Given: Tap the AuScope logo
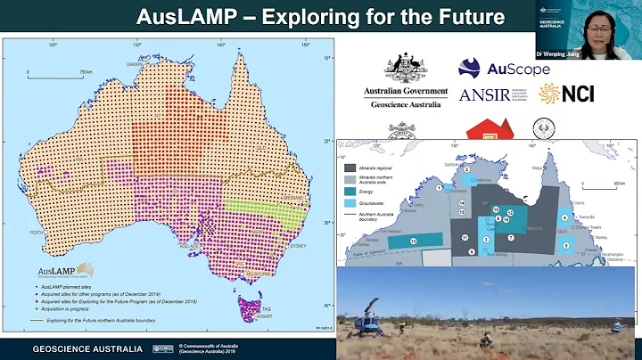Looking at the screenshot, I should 490,68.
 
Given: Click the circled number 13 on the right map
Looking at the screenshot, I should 413,241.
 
